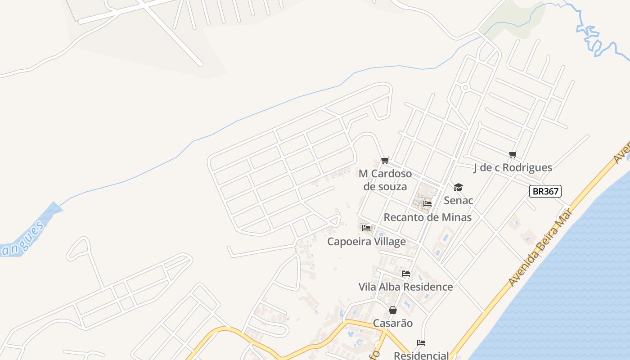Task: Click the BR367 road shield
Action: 545,191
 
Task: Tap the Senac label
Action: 458,200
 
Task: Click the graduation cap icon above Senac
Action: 458,187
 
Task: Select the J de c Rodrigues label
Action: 513,167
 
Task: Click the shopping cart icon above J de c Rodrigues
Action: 513,155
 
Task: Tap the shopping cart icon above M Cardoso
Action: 385,161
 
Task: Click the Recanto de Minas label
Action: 427,217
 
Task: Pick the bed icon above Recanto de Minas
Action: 427,204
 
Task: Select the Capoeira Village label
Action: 366,242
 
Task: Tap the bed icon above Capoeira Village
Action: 366,228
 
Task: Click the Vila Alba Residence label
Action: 405,287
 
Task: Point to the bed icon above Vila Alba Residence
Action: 405,274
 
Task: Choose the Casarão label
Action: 392,323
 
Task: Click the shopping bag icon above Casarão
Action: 392,310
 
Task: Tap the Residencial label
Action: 421,355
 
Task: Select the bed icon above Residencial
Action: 421,343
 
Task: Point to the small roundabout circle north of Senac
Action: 465,87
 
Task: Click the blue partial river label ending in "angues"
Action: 22,238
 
